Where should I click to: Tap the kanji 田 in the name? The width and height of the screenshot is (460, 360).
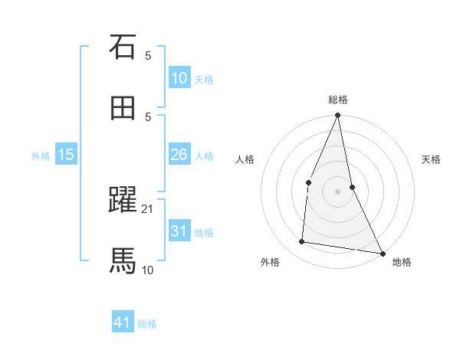(123, 108)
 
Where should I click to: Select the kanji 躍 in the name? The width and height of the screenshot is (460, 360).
(123, 200)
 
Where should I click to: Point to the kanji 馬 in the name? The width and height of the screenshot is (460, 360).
(123, 261)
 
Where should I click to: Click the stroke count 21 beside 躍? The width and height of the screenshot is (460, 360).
(148, 208)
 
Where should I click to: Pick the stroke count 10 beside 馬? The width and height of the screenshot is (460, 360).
(148, 270)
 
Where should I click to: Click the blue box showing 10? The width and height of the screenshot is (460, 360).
(179, 78)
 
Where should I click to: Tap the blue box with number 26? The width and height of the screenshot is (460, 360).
(179, 155)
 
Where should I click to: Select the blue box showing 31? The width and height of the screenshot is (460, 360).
(179, 231)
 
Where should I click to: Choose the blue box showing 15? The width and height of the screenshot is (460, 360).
(66, 155)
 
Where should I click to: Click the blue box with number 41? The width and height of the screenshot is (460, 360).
(123, 323)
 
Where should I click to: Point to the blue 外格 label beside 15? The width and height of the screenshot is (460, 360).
(41, 156)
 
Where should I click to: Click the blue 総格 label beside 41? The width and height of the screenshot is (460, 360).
(147, 324)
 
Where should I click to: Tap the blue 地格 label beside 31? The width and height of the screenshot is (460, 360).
(204, 233)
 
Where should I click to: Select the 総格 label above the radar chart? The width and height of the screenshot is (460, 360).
(337, 100)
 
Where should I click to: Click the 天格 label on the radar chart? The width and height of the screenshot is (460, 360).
(431, 160)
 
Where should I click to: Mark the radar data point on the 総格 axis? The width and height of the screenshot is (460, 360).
(337, 116)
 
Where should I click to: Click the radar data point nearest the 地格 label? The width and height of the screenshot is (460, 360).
(382, 253)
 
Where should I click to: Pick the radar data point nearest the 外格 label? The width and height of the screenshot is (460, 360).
(302, 242)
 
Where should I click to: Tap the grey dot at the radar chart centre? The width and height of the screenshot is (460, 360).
(337, 191)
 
